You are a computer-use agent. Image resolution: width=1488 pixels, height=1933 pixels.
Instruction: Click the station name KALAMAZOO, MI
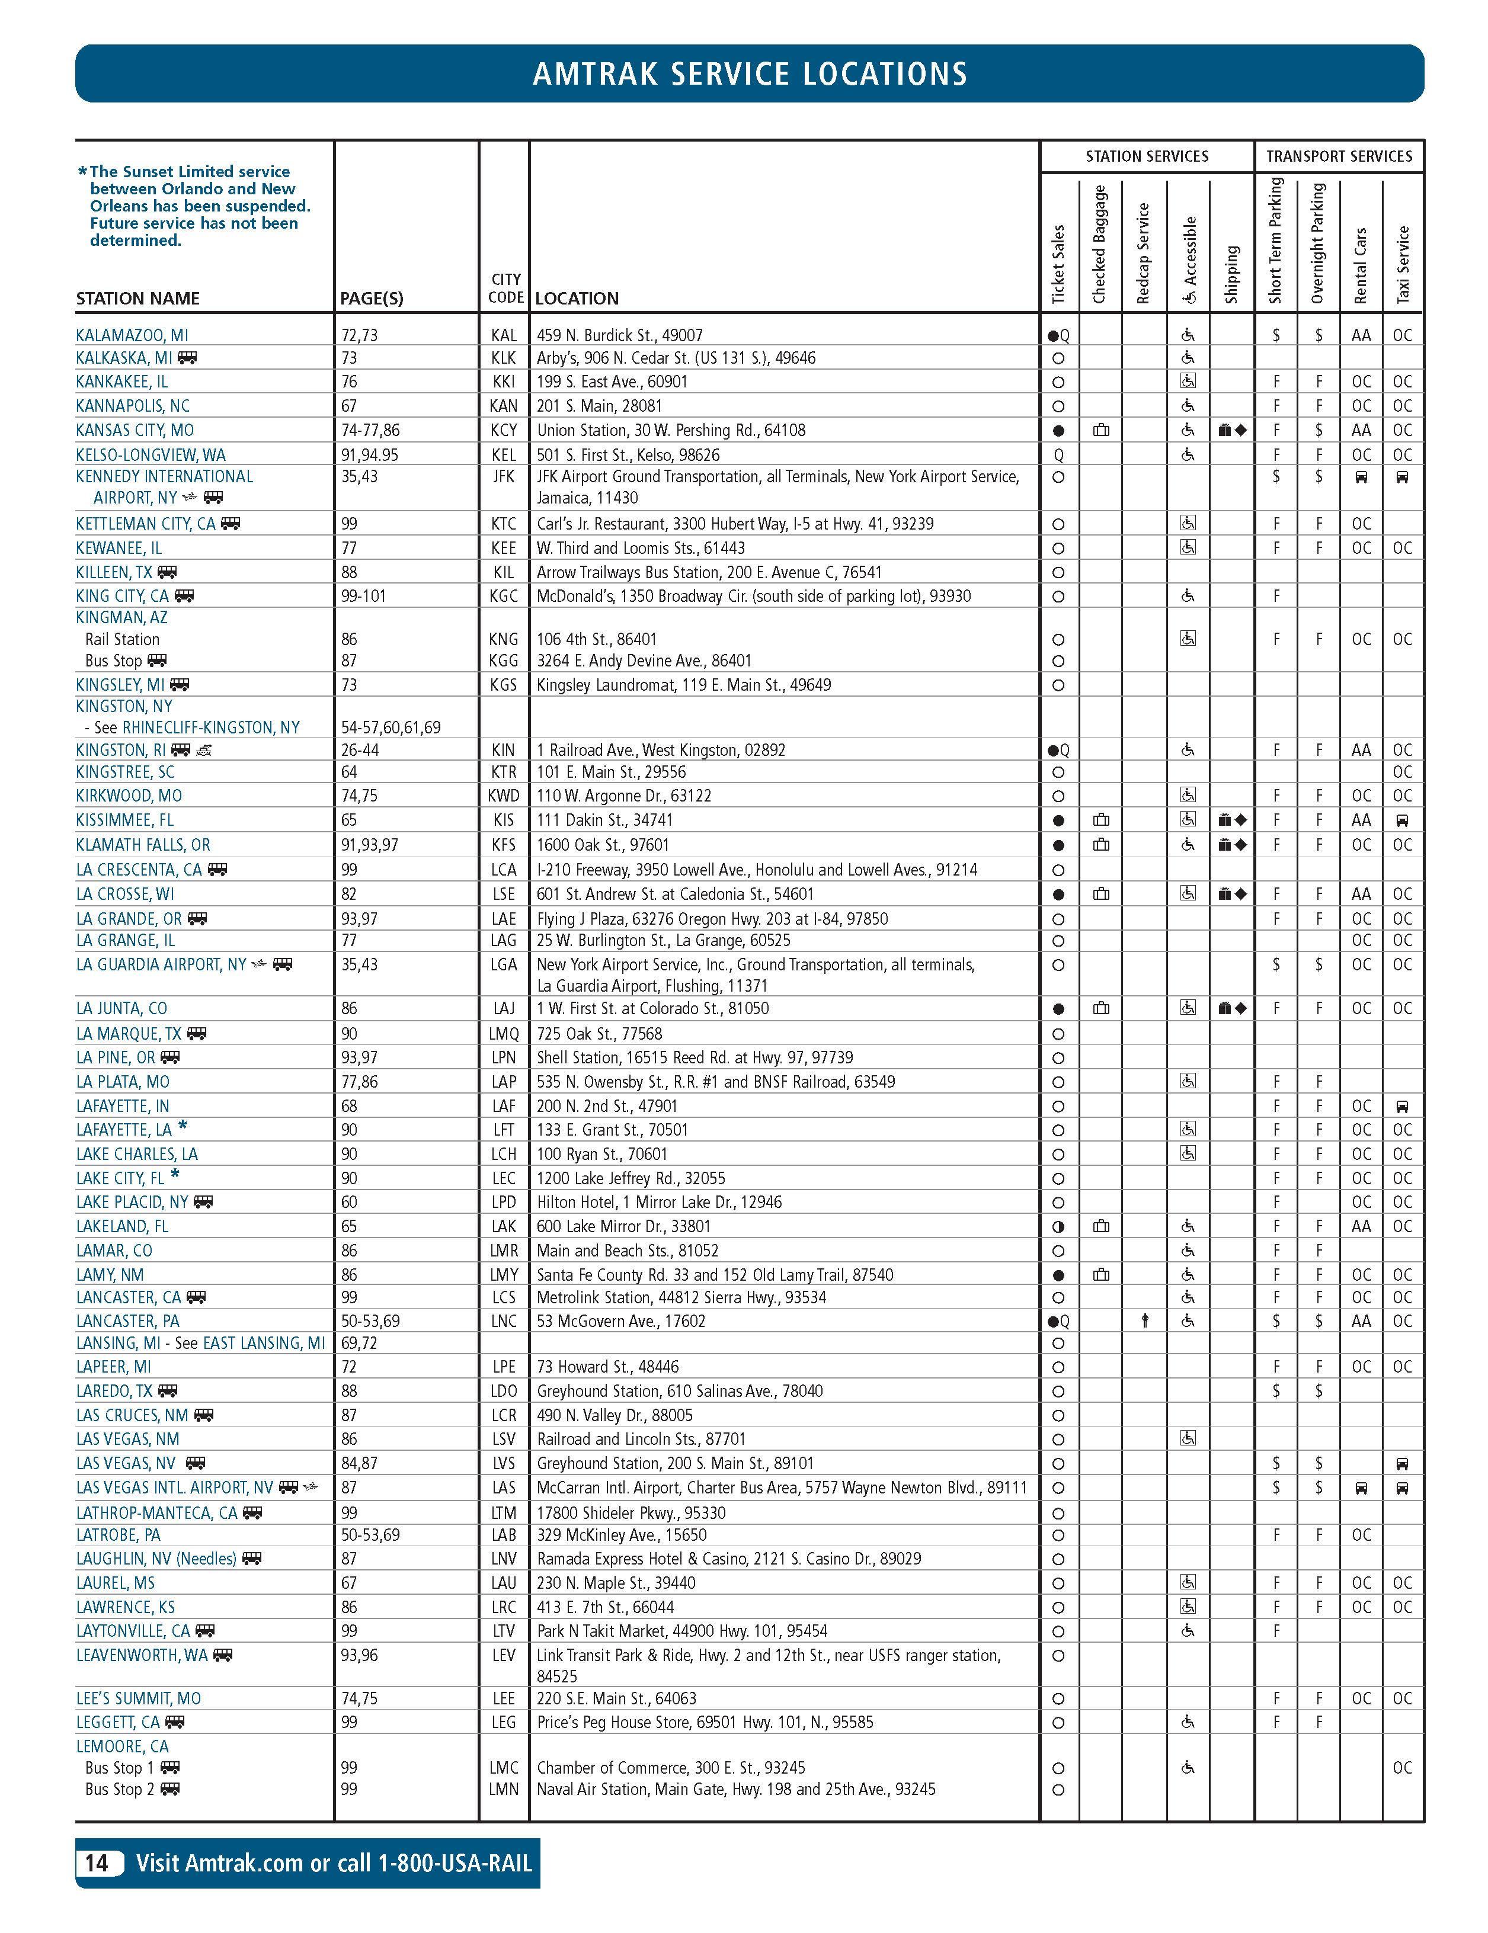coord(132,335)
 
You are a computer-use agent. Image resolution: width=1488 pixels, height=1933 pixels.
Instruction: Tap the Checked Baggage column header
coord(1099,244)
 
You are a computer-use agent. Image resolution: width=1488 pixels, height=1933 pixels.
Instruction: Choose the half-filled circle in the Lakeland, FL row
coord(1058,1227)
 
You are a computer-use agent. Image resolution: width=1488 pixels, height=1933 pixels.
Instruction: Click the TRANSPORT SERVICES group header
coord(1339,156)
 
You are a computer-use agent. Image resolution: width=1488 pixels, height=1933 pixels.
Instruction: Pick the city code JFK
coord(503,477)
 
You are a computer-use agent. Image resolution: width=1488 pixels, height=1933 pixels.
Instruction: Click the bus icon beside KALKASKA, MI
coord(187,358)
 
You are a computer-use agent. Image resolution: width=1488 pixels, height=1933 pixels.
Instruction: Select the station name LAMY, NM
coord(110,1274)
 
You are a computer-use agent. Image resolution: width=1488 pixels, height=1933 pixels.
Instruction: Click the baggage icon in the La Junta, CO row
coord(1101,1008)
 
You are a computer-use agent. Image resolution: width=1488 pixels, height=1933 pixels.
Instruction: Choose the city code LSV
coord(503,1439)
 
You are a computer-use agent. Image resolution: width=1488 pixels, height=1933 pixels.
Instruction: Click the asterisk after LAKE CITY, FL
coord(175,1175)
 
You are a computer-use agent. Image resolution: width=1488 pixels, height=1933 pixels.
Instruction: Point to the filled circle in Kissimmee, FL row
coord(1058,820)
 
